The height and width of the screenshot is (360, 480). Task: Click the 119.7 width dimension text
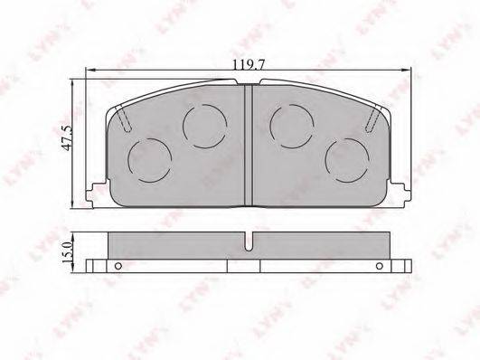coord(249,64)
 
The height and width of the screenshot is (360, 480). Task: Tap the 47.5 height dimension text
coord(67,137)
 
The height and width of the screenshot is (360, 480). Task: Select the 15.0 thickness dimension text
coord(67,252)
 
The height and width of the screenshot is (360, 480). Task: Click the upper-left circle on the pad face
coord(205,127)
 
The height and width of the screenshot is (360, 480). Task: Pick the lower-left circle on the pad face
coord(150,160)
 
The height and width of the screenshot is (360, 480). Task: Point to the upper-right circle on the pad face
coord(292,127)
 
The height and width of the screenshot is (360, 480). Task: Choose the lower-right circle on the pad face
coord(347,160)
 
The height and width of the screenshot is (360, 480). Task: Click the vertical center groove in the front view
coord(249,145)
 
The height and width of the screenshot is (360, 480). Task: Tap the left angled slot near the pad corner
coord(125,119)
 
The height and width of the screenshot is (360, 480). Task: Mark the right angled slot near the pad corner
coord(372,119)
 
